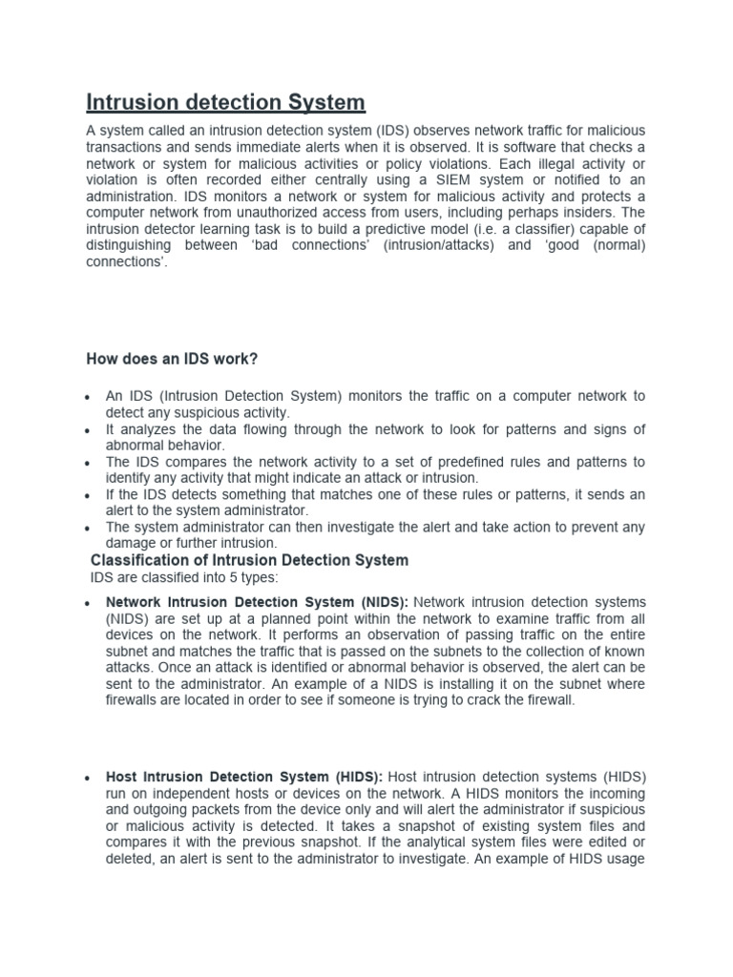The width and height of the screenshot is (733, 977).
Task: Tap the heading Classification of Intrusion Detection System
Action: pos(249,560)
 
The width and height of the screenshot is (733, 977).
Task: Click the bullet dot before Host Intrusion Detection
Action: pos(88,779)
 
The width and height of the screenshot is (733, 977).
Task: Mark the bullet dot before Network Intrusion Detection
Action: pos(88,604)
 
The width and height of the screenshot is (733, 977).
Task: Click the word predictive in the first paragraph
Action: pos(388,228)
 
